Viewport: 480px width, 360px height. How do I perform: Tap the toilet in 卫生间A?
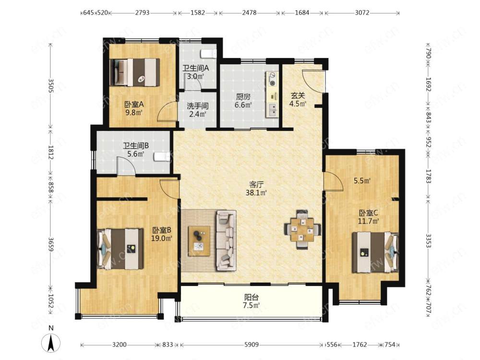[x=208, y=54]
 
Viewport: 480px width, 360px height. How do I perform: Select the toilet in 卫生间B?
[x=161, y=157]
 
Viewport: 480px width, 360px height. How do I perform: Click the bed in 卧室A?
[x=135, y=72]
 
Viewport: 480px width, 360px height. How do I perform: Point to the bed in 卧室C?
[x=375, y=252]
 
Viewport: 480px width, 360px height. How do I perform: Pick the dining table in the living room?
[x=302, y=230]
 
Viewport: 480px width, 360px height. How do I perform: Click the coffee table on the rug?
[x=199, y=241]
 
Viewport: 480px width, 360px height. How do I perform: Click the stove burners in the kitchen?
[x=272, y=78]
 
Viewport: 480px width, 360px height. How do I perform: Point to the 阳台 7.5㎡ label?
[x=252, y=301]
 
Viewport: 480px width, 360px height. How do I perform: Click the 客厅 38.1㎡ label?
[x=256, y=189]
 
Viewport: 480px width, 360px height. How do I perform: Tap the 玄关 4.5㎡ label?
[x=298, y=99]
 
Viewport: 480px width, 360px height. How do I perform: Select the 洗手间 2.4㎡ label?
[x=197, y=110]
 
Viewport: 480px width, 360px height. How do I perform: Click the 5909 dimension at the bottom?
[x=252, y=345]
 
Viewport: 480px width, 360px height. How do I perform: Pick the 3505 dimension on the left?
[x=51, y=86]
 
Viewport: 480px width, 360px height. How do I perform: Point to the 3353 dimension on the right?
[x=428, y=240]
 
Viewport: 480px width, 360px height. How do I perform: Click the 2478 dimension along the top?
[x=249, y=13]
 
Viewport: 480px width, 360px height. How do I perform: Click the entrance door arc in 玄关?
[x=312, y=81]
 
